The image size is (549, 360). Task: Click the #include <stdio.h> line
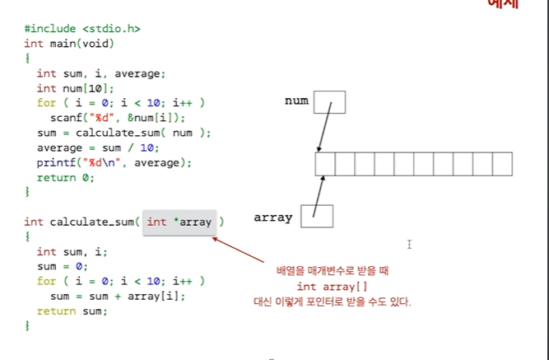pyautogui.click(x=81, y=28)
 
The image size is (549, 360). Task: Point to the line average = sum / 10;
pyautogui.click(x=98, y=147)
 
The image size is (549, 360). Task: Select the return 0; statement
pyautogui.click(x=66, y=177)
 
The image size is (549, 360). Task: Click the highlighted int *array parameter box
pyautogui.click(x=179, y=222)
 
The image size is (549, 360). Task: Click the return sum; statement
pyautogui.click(x=72, y=311)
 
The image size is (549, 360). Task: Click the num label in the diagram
pyautogui.click(x=296, y=101)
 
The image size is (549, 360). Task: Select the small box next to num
pyautogui.click(x=329, y=101)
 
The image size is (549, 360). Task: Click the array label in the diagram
pyautogui.click(x=273, y=217)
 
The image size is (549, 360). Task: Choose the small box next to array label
pyautogui.click(x=317, y=216)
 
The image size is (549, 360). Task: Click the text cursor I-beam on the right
pyautogui.click(x=409, y=244)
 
